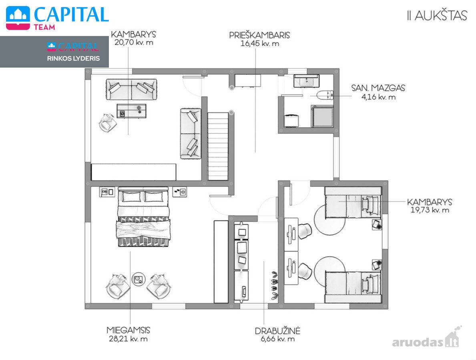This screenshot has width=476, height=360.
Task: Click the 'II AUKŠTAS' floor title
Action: coord(437,16)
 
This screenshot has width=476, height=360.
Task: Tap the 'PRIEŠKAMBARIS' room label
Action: coord(259,35)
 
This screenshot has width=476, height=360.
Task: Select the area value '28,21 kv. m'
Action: coord(128,339)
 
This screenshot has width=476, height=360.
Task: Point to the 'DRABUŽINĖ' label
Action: coord(277,330)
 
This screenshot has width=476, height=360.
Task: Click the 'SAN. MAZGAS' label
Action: coord(378,88)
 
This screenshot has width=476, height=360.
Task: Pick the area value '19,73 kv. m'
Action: coord(430,210)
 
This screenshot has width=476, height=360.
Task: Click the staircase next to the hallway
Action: coord(218,146)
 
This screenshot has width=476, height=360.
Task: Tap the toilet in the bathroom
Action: coord(325,95)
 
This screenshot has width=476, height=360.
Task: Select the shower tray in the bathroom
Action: coord(322,116)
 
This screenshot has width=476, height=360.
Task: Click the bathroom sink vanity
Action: coord(306,81)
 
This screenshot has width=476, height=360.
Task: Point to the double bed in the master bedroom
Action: coord(143,216)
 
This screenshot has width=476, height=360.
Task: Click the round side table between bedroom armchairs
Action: coord(139,279)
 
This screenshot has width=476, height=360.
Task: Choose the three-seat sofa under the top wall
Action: coord(131,89)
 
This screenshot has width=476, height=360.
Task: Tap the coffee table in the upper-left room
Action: coord(131,111)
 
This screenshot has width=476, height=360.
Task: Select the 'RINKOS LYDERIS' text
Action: coord(74,58)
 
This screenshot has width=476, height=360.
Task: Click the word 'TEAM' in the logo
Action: coord(44,27)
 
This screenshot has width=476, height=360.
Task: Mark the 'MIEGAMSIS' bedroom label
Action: coord(128,330)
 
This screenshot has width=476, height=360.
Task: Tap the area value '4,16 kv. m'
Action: coord(378,97)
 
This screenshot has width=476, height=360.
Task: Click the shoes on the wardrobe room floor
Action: coord(274,286)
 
